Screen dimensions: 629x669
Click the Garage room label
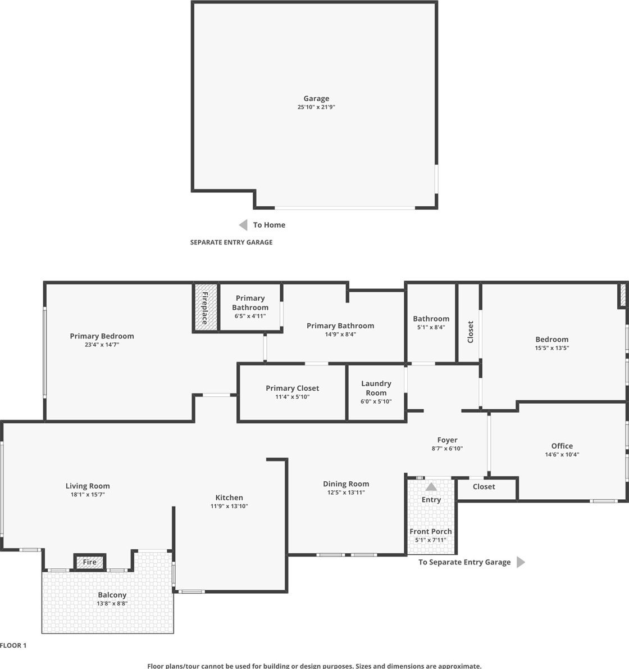click(316, 98)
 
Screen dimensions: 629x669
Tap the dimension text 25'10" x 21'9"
click(316, 107)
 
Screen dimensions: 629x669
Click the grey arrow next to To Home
click(243, 225)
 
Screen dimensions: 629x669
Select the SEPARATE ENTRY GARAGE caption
click(231, 242)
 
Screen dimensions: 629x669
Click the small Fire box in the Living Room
click(89, 562)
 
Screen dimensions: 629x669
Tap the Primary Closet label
click(293, 388)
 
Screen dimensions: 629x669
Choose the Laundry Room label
click(376, 388)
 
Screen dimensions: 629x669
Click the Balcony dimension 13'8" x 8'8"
click(112, 603)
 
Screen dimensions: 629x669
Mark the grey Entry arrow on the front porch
click(431, 487)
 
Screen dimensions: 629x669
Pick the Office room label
click(562, 446)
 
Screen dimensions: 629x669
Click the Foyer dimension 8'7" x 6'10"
click(447, 449)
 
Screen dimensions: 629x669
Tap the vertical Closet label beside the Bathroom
click(471, 332)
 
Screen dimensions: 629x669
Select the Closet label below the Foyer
click(484, 487)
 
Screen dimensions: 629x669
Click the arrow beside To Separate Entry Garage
click(521, 562)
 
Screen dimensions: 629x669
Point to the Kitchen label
click(229, 498)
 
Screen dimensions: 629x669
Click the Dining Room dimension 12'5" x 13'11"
click(346, 492)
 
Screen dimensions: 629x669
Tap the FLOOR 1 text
click(13, 645)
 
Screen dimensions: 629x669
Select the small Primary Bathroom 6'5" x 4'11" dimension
click(250, 316)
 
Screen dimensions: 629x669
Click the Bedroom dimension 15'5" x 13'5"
click(552, 348)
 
